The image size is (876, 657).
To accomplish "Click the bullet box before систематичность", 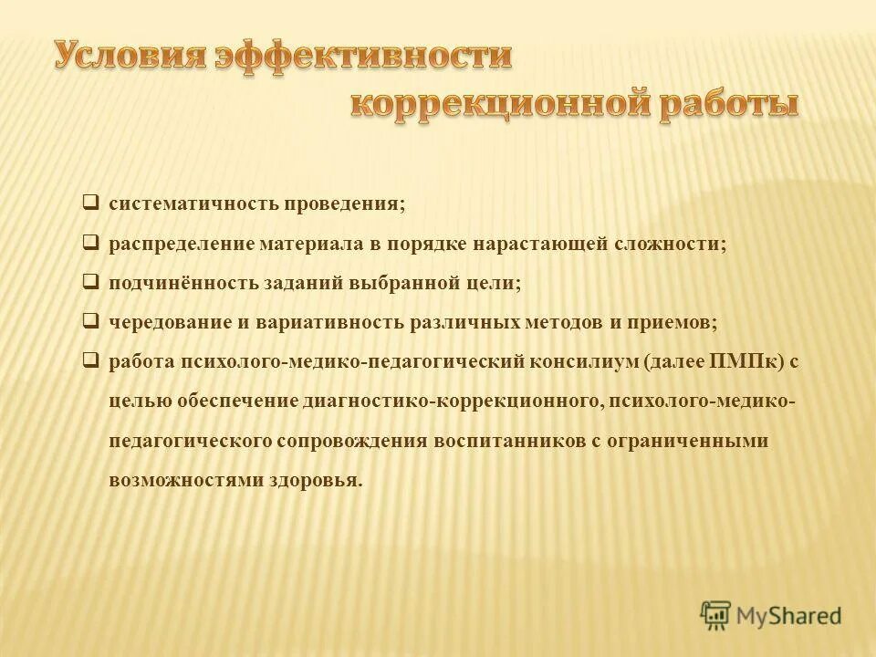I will point(91,203).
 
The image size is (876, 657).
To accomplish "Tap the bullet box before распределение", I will point(91,243).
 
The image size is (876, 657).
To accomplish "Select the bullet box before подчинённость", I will point(91,282).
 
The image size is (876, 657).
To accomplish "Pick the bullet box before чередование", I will point(91,321).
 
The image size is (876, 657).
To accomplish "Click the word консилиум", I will point(584,362).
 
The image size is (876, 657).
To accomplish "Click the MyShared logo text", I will point(788,617).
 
